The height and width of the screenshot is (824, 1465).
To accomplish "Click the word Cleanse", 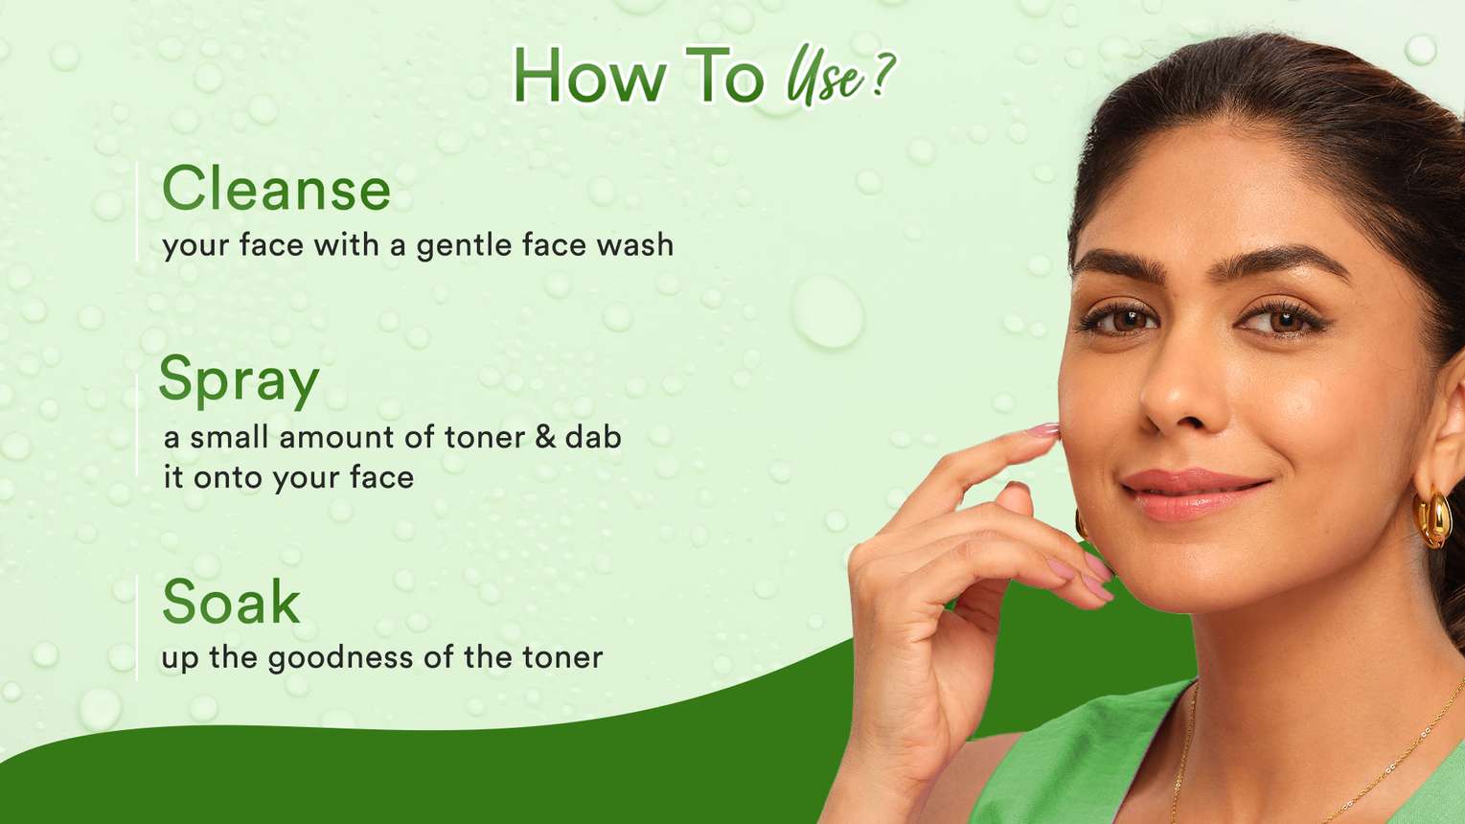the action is [x=276, y=189].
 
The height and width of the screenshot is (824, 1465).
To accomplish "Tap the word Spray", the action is [x=239, y=382].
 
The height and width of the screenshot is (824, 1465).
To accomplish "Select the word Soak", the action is [x=231, y=602].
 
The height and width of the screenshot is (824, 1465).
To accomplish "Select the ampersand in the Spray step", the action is [x=545, y=437].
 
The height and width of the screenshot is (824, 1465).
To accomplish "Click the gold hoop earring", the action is [x=1433, y=518].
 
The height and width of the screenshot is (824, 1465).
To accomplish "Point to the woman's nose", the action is [x=1178, y=393].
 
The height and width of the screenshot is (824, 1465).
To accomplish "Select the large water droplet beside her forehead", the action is [x=828, y=311].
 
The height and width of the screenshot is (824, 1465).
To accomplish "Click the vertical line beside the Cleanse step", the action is [x=137, y=212].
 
